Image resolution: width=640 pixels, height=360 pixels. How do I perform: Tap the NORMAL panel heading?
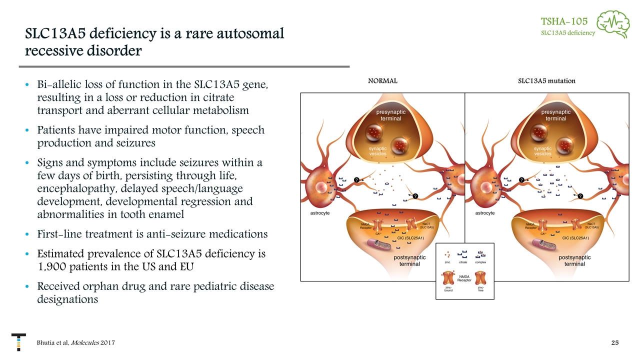[x=382, y=80]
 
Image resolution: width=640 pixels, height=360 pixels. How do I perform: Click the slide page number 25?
[x=615, y=342]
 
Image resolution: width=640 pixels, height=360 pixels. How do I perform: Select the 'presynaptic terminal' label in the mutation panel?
[x=555, y=115]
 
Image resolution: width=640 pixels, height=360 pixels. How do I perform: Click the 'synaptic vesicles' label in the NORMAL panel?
[x=377, y=151]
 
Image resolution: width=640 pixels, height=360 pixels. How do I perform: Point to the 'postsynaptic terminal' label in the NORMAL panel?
[x=409, y=260]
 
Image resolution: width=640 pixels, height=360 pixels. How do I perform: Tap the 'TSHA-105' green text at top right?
[x=564, y=21]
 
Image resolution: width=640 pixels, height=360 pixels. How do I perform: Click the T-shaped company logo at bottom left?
[x=18, y=340]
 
